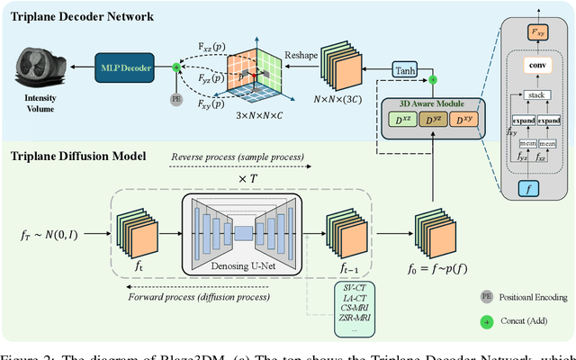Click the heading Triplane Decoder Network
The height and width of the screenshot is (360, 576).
click(x=85, y=15)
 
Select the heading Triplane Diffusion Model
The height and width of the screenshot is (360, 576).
click(x=79, y=156)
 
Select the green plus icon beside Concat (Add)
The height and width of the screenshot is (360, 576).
click(x=488, y=320)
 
